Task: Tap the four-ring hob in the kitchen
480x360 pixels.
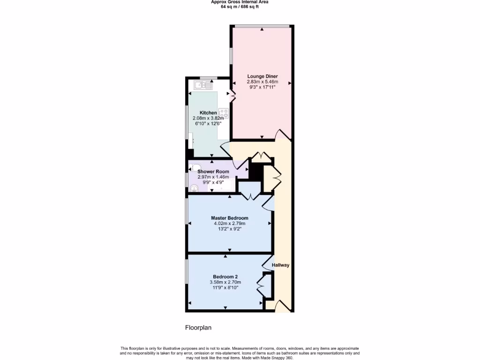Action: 223,113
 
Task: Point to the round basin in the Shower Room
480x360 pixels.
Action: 194,187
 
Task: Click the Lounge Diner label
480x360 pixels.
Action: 262,76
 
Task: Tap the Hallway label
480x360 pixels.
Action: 281,265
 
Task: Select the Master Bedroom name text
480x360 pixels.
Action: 229,218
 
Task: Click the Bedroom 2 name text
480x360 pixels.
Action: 225,277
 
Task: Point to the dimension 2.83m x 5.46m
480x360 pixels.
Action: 262,82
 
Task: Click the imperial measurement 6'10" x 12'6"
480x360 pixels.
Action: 207,123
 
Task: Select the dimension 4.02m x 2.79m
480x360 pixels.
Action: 229,224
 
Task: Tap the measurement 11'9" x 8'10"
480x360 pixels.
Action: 225,288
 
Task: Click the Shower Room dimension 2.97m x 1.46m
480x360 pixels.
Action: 213,177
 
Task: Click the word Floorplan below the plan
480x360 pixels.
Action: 198,328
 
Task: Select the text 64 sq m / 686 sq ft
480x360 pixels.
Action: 240,7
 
